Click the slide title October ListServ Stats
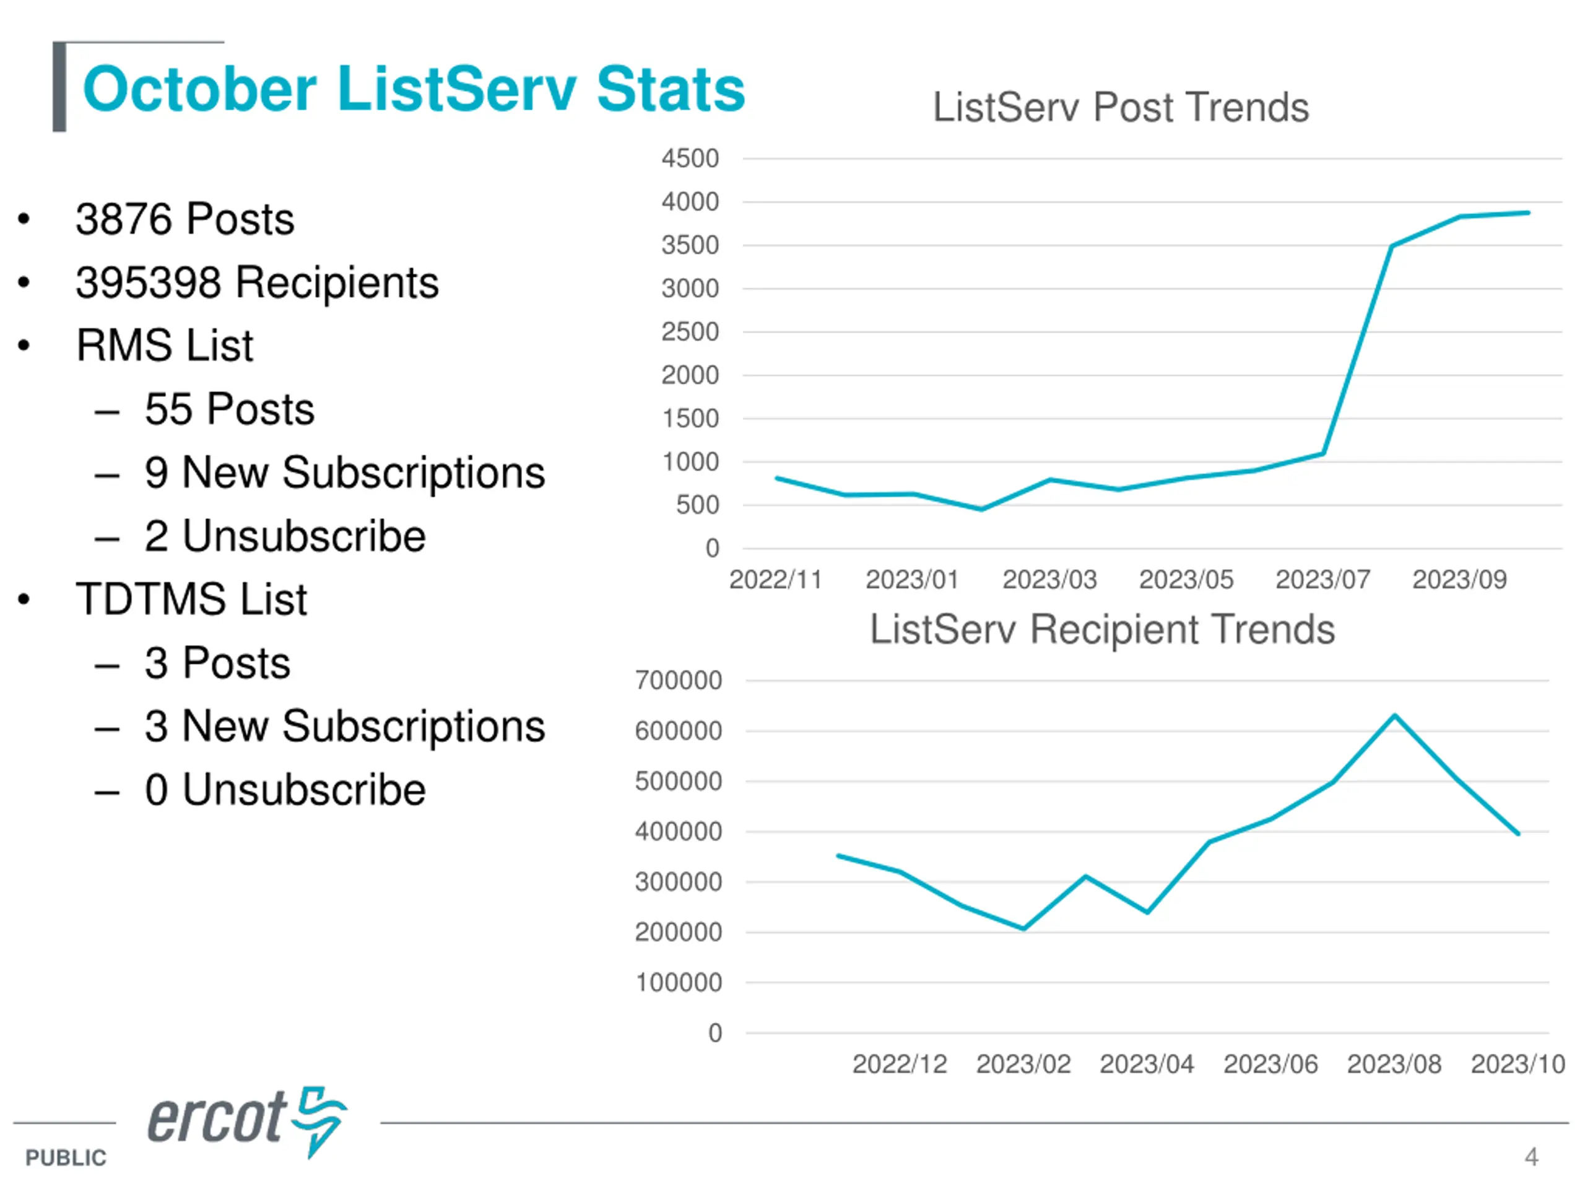coord(414,90)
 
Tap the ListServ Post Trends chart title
coord(1120,108)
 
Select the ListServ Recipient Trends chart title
coord(1102,629)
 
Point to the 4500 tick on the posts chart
coord(689,159)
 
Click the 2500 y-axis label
coord(689,332)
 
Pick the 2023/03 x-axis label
coord(1049,579)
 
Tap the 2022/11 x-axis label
coord(775,579)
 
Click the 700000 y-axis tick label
coord(678,680)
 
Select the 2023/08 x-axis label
coord(1394,1063)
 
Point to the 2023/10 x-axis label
coord(1518,1063)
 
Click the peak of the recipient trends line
coord(1394,715)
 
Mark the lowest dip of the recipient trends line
coord(1023,928)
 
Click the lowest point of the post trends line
coord(982,509)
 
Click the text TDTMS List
coord(191,599)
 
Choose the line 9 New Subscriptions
coord(344,473)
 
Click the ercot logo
coord(247,1120)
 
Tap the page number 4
coord(1531,1156)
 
